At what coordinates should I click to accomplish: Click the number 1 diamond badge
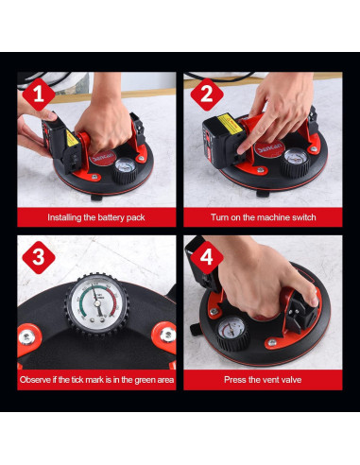coord(39,95)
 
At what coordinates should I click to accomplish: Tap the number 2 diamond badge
coord(207,95)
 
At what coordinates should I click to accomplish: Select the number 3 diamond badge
coord(39,257)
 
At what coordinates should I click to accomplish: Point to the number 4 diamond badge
coord(207,257)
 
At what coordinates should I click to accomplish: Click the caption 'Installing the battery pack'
coord(96,217)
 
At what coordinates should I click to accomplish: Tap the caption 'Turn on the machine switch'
coord(264,217)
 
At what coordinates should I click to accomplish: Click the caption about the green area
coord(96,380)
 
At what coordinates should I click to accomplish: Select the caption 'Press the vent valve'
coord(263,379)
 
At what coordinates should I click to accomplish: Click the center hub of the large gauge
coord(97,304)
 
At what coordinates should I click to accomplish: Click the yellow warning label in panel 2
coord(230,124)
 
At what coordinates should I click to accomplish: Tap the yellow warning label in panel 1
coord(72,139)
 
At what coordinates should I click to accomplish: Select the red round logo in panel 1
coord(102,157)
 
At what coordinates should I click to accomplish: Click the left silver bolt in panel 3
coord(26,337)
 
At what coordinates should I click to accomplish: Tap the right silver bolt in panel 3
coord(167,335)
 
